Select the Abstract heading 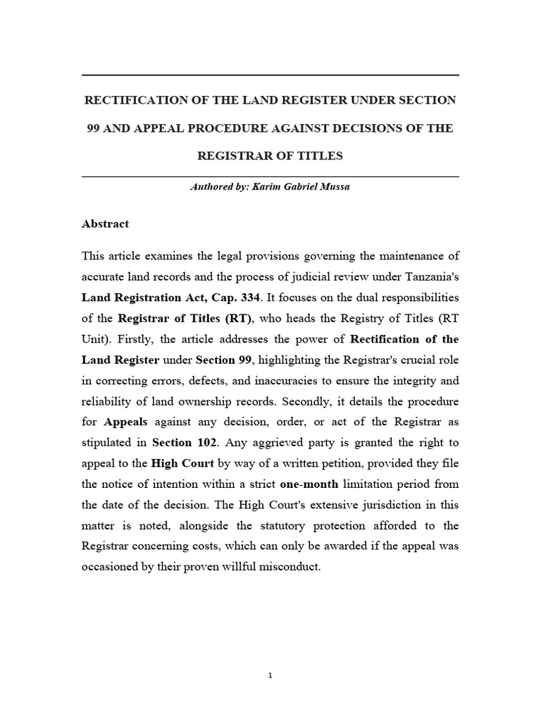(106, 224)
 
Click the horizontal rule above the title (270, 75)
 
